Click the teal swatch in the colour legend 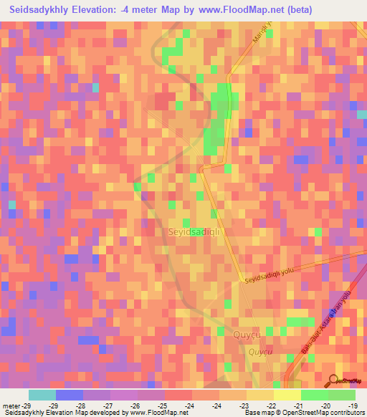pos(42,395)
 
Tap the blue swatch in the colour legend pos(70,395)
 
